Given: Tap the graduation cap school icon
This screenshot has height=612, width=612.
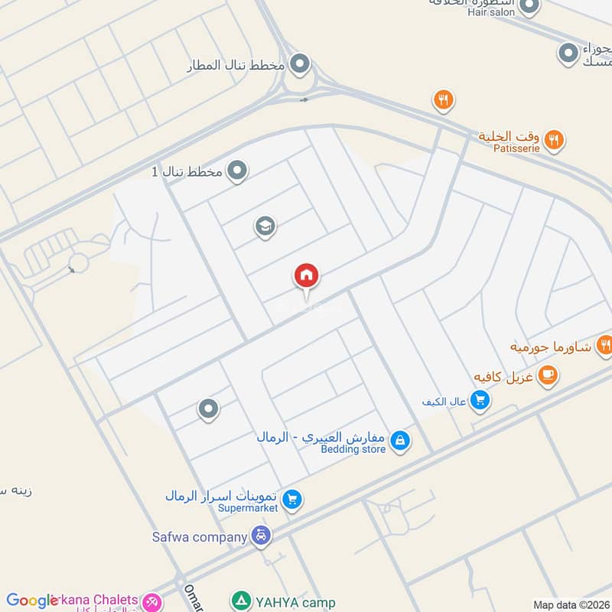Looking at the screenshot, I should click(x=265, y=226).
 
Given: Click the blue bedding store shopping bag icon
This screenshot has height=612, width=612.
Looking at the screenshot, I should click(x=399, y=441).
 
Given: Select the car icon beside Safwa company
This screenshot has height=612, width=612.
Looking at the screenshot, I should click(x=262, y=536).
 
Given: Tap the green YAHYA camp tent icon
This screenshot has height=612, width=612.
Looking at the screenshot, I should click(x=240, y=601).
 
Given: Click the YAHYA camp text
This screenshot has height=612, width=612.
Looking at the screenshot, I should click(x=297, y=602).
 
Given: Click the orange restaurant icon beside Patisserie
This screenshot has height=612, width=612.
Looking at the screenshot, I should click(x=555, y=139).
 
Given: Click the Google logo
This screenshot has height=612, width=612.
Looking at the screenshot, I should click(x=32, y=601).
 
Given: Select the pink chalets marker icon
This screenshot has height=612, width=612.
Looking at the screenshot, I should click(x=153, y=602).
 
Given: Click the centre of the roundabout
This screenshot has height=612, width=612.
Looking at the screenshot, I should click(x=300, y=83).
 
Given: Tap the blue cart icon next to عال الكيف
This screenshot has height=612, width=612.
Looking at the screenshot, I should click(x=480, y=400).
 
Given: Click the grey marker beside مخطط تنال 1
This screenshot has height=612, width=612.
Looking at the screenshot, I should click(x=238, y=171).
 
